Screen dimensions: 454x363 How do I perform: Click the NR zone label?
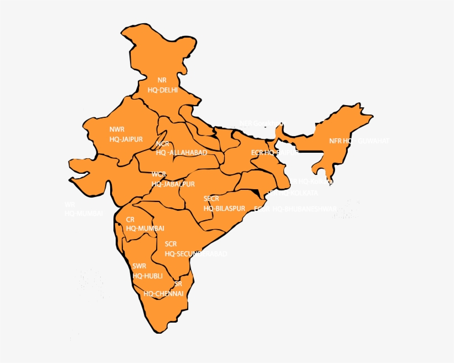click(x=162, y=80)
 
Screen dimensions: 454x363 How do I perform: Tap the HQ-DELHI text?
click(x=163, y=90)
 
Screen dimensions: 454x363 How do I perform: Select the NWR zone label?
click(x=117, y=129)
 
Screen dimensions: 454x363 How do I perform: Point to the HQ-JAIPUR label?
click(x=126, y=139)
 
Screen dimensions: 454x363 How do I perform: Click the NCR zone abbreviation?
click(x=162, y=143)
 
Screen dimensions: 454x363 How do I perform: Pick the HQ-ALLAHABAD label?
click(x=182, y=153)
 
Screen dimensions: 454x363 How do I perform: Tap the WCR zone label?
click(x=159, y=174)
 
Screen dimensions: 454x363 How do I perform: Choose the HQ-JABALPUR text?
click(x=173, y=184)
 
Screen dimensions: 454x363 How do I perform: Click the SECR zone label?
click(x=211, y=198)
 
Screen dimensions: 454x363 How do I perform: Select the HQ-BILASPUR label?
click(x=224, y=209)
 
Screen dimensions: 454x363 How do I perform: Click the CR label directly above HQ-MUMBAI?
click(x=130, y=219)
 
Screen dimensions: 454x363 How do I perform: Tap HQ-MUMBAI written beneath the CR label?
click(x=145, y=229)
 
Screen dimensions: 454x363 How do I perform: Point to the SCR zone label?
click(x=171, y=244)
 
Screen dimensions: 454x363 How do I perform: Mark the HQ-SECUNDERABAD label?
click(x=196, y=254)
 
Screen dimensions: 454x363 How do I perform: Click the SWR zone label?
click(x=140, y=266)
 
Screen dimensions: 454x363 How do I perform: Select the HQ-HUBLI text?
click(x=148, y=276)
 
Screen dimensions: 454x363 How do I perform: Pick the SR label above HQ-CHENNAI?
click(x=178, y=284)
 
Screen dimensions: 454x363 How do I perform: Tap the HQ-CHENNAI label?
click(x=163, y=294)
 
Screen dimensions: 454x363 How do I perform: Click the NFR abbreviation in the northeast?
click(x=336, y=141)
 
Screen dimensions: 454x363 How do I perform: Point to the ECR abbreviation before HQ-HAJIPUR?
click(x=257, y=152)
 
